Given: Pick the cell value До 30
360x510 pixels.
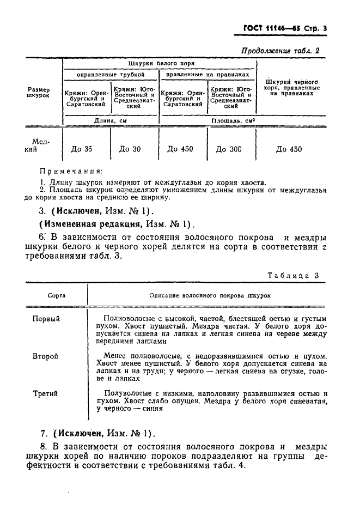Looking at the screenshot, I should [x=130, y=149].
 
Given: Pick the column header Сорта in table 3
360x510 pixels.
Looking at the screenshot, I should [x=57, y=295].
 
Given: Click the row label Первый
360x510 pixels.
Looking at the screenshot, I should [x=46, y=318].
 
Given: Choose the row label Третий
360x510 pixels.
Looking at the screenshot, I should [x=45, y=393].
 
